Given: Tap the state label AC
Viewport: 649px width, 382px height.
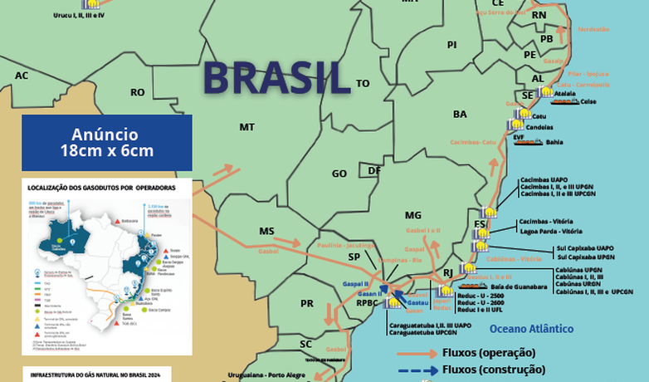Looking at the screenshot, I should tap(22, 76).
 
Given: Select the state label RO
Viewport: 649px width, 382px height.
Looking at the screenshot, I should tap(138, 92).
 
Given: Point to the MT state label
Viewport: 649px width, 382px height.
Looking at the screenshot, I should tap(246, 127).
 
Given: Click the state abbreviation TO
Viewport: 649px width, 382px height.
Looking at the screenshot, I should tap(363, 84).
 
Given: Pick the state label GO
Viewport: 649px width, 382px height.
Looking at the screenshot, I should tap(339, 174).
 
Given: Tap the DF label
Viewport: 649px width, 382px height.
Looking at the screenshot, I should tap(374, 170).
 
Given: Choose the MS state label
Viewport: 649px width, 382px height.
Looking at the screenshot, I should tap(266, 231).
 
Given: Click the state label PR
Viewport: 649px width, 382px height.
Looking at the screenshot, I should tap(307, 303).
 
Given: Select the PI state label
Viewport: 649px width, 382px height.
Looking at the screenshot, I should tap(452, 45).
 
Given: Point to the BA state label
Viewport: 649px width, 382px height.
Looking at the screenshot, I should tap(460, 114).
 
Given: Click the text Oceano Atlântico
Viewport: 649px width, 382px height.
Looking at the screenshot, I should tap(531, 329).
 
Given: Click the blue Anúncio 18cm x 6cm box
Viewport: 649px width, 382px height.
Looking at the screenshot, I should tap(107, 142).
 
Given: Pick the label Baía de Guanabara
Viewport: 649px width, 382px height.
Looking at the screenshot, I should tap(515, 286).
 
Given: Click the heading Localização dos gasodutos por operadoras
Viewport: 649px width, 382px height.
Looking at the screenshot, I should tap(101, 189).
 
